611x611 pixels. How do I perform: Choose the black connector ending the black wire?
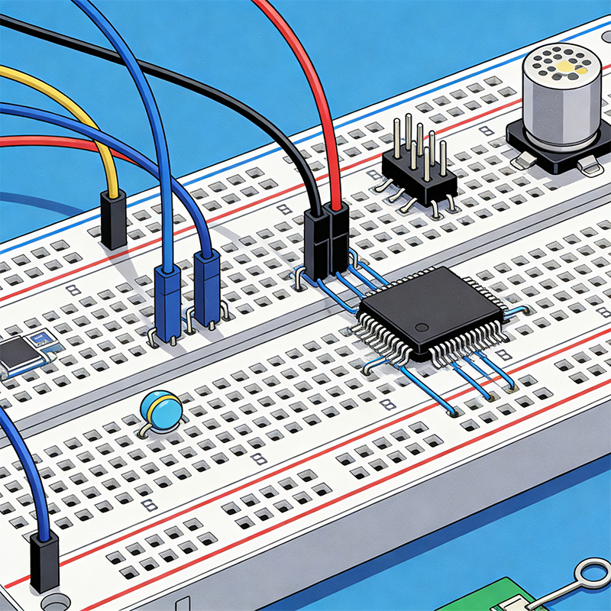(x=316, y=244)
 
